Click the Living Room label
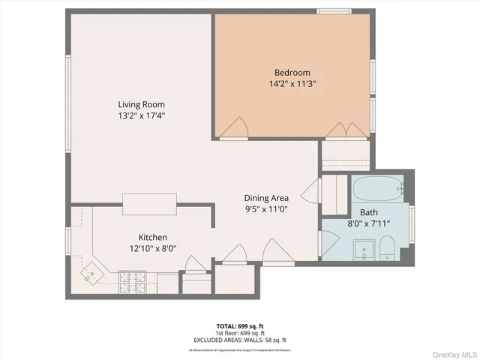coord(141,104)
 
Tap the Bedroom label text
coord(292,73)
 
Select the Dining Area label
coord(266,198)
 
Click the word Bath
coord(367,211)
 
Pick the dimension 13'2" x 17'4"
coord(141,116)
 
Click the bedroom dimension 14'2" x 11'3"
coord(292,84)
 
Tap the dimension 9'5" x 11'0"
coord(266,209)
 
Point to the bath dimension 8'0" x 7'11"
coord(367,223)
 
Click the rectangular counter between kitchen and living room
coord(150,203)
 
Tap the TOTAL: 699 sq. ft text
coord(240,326)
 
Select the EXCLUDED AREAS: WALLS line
coord(240,340)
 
